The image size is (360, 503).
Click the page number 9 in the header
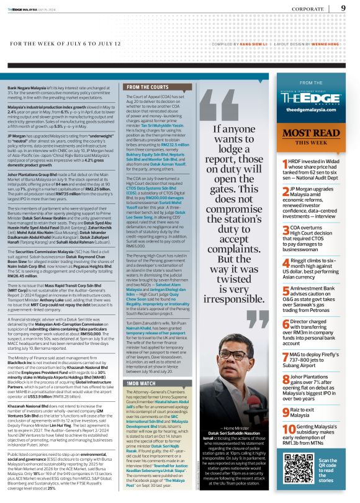coord(343,8)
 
